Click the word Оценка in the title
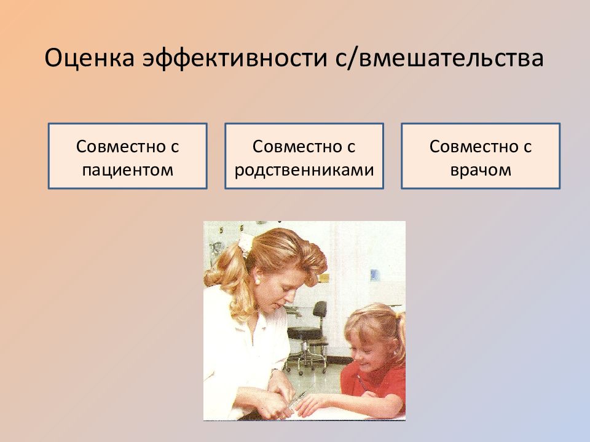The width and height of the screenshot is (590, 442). click(90, 58)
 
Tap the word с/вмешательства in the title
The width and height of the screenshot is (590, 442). click(439, 59)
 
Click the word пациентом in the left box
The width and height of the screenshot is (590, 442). click(128, 170)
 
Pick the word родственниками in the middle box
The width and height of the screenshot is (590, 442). click(304, 170)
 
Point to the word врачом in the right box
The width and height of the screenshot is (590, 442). click(481, 170)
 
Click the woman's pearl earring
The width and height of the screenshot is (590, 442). click(258, 280)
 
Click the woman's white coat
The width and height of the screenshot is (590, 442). click(241, 349)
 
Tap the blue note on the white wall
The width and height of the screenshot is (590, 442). click(374, 275)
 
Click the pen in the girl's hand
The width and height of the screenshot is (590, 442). click(362, 382)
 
